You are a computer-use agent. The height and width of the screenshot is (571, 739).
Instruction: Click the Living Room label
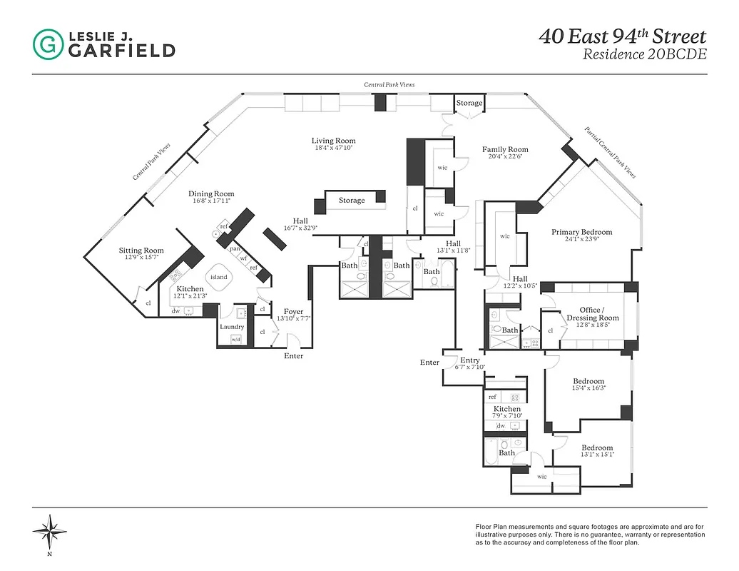pos(333,141)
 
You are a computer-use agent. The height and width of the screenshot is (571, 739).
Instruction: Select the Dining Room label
pos(211,194)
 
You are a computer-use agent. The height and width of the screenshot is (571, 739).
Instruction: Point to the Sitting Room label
pos(141,251)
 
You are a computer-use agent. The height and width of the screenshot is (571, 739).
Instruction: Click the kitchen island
pos(218,278)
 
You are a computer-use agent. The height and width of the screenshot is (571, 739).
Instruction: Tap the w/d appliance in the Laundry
pos(236,339)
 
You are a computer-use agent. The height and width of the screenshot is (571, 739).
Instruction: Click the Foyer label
pos(293,312)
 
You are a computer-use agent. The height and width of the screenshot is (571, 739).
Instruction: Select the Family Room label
pos(505,150)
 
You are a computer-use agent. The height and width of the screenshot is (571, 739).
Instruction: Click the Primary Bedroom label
pos(581,232)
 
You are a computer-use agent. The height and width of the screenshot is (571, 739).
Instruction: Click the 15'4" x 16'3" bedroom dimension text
pos(588,388)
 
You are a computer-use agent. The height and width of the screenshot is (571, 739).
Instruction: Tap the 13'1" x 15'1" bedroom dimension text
pos(596,454)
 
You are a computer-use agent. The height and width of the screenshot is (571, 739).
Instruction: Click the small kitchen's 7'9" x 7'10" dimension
pos(507,415)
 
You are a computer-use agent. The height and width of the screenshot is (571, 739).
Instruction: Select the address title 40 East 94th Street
pos(623,36)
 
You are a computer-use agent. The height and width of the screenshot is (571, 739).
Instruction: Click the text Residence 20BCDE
pos(645,54)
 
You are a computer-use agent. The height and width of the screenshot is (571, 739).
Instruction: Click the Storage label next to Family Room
pos(469,103)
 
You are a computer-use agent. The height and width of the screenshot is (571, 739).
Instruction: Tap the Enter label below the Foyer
pos(293,356)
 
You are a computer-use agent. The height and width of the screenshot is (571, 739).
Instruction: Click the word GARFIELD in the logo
pos(121,50)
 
